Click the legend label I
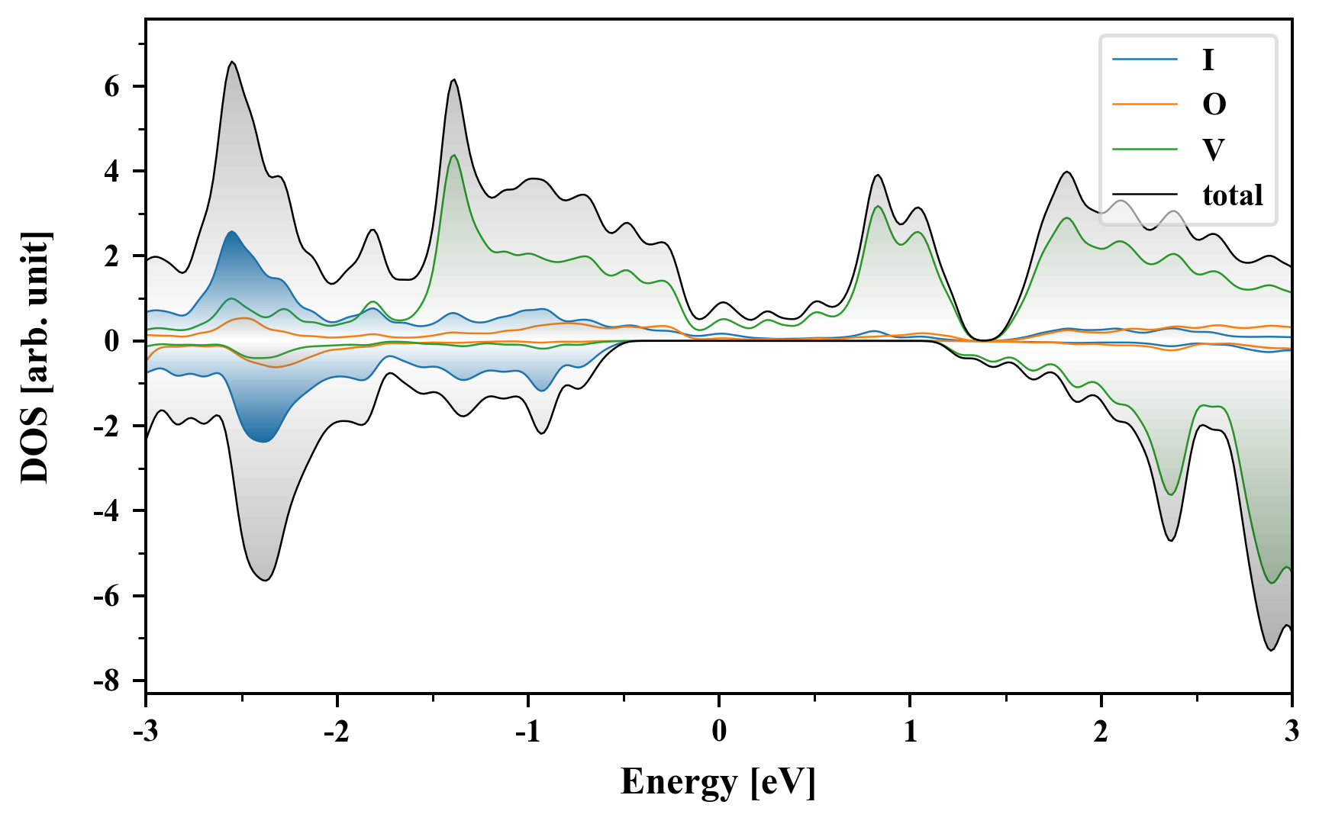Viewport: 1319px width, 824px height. [1208, 60]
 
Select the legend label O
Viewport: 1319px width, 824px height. [1214, 104]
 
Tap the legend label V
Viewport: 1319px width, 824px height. [1213, 150]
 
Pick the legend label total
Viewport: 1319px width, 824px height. [1232, 195]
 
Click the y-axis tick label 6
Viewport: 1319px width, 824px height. [112, 86]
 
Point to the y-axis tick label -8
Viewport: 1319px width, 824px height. [108, 681]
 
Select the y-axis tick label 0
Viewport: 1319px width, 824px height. [112, 341]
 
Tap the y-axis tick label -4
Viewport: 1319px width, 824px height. [108, 510]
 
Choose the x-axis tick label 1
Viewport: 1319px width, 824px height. [910, 732]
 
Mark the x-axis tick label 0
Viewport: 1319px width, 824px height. [719, 732]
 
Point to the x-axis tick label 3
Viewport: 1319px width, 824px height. [1292, 732]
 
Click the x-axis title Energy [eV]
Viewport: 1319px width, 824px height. [718, 782]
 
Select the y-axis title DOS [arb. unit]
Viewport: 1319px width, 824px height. [35, 357]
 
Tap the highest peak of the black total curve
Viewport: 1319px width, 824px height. [233, 62]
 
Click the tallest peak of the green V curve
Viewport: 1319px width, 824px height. [454, 155]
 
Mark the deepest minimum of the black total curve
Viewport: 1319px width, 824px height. [1271, 650]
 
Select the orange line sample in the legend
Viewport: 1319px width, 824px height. [1144, 104]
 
